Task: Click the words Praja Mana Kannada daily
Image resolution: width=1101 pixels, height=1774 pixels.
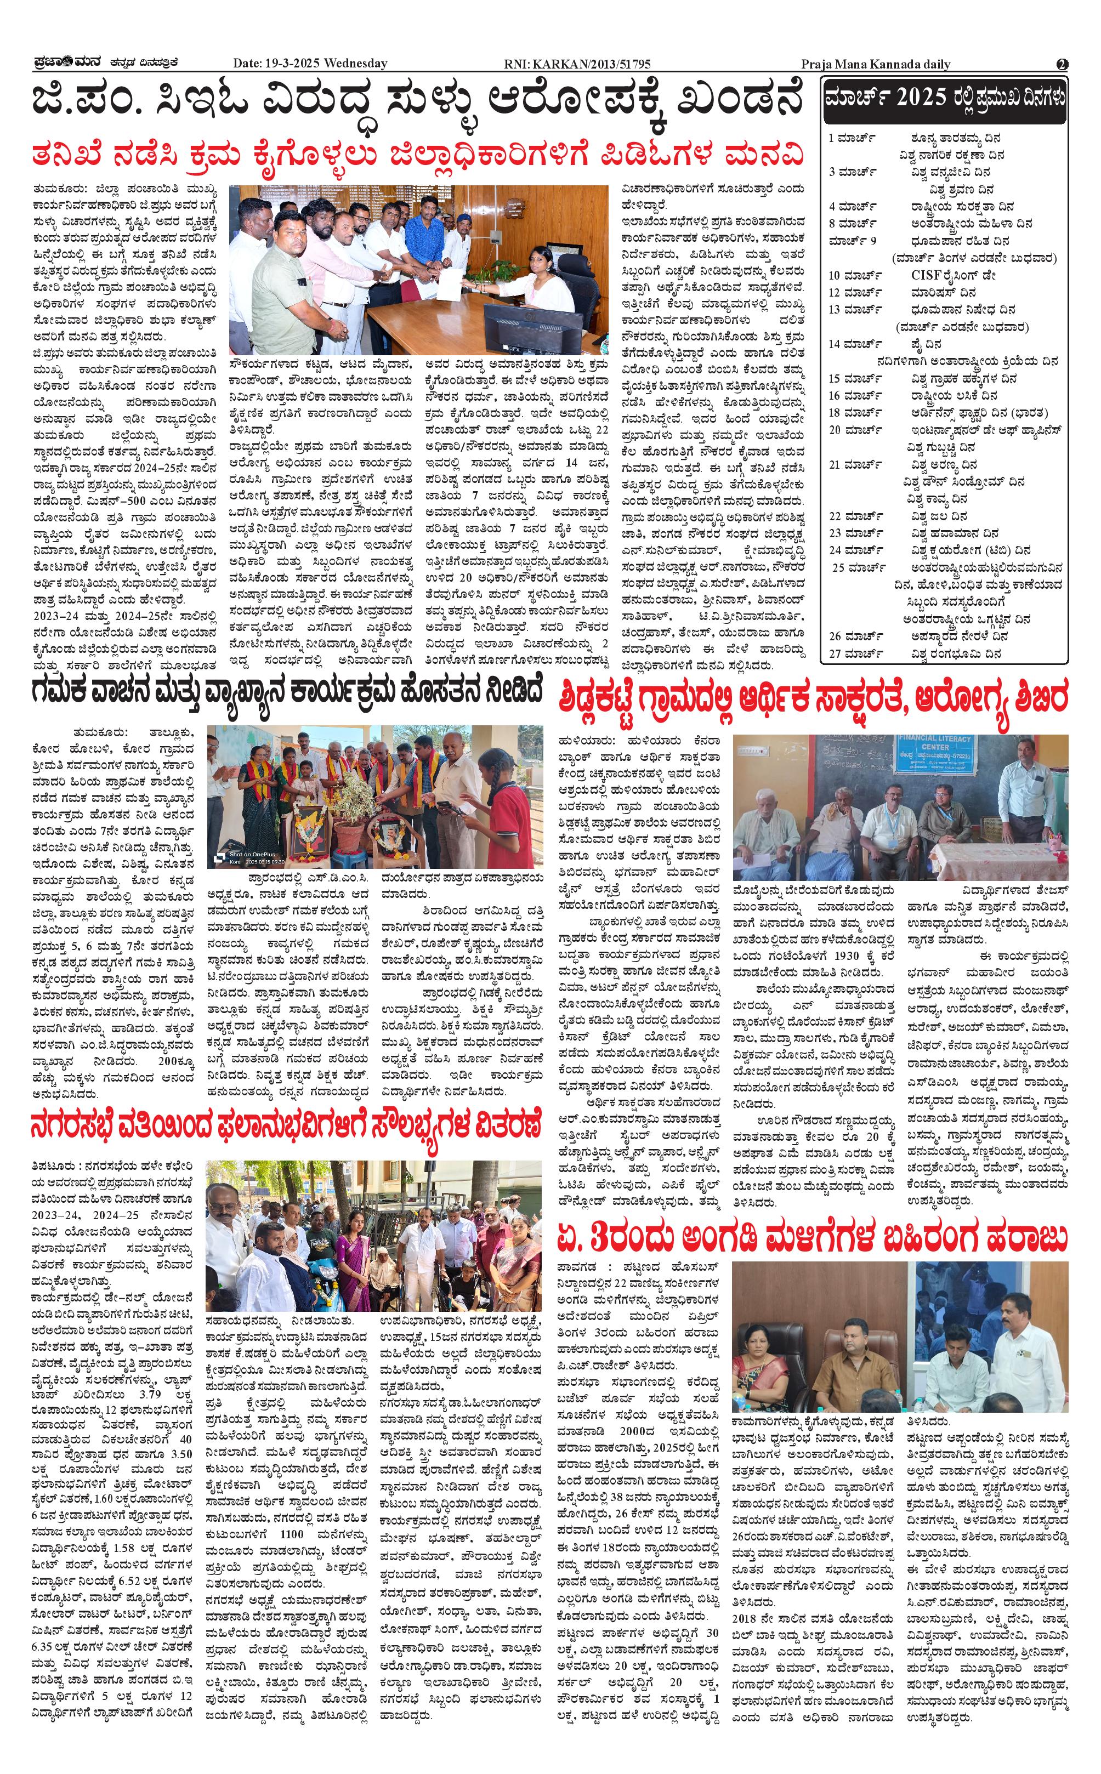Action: (x=875, y=64)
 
